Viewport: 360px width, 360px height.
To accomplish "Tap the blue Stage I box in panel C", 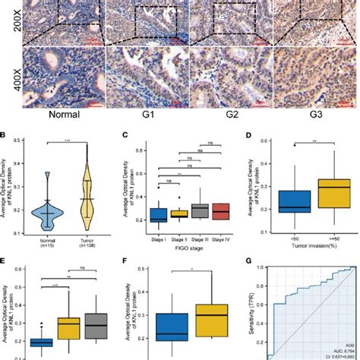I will pos(158,214).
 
